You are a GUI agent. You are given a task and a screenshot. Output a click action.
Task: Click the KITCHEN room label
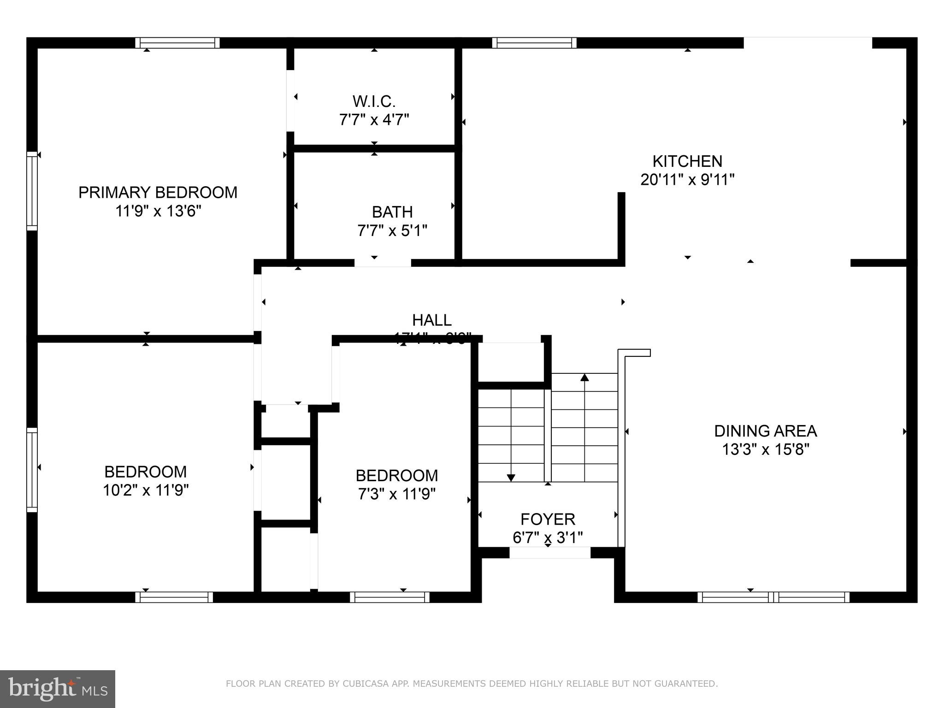click(687, 161)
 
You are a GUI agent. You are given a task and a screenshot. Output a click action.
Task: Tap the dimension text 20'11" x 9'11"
click(687, 180)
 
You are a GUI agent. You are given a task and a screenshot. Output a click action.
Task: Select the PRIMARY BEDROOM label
click(158, 192)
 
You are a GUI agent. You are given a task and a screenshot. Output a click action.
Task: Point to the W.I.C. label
click(374, 101)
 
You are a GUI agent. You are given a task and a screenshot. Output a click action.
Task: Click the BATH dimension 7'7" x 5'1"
click(392, 230)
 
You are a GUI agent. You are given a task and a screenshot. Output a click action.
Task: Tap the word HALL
click(431, 320)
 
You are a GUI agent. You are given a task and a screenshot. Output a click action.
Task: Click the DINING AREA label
click(765, 431)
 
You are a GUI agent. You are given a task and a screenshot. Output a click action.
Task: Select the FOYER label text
click(548, 519)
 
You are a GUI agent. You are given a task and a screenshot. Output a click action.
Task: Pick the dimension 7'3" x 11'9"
click(396, 494)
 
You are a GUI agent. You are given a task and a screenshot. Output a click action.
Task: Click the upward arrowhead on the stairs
click(584, 378)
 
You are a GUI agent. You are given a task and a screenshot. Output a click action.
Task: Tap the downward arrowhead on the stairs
click(511, 478)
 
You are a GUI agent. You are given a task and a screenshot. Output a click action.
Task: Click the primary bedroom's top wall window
click(177, 43)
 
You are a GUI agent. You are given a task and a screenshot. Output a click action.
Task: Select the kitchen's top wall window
click(534, 43)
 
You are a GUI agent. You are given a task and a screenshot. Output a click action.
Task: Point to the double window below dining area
click(773, 597)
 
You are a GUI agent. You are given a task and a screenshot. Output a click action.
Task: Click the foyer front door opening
click(549, 553)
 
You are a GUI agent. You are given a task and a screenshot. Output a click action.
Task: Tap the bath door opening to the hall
click(383, 263)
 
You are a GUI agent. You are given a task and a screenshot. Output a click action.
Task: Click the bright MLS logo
click(57, 689)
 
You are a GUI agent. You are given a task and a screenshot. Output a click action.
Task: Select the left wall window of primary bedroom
click(32, 191)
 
